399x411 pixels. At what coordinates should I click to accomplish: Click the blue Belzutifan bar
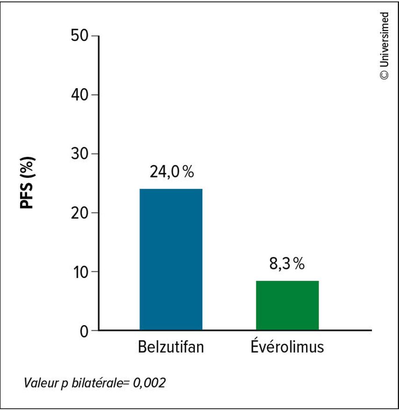171,259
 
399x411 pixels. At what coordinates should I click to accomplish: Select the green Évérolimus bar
287,305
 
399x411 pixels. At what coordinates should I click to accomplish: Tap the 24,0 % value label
171,172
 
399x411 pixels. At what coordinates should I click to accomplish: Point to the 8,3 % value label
286,264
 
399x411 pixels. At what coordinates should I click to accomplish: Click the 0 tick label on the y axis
85,331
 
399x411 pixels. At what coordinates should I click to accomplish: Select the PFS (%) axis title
29,183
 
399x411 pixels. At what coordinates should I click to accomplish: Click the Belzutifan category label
171,348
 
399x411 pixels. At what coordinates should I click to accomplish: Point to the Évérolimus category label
287,347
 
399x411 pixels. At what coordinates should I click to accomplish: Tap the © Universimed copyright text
384,46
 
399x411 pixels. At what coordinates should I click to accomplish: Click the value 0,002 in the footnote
149,383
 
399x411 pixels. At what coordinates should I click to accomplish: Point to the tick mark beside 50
95,36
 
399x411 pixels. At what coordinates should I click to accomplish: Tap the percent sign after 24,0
188,172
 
